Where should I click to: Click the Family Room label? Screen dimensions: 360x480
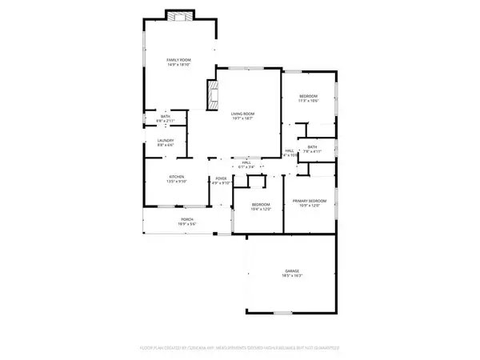178,59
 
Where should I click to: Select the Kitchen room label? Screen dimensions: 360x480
176,177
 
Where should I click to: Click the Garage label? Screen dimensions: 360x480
291,271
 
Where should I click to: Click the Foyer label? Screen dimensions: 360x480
220,177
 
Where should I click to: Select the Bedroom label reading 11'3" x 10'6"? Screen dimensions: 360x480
307,95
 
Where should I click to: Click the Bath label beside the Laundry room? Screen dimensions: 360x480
165,117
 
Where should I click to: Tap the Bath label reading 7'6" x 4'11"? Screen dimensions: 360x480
313,148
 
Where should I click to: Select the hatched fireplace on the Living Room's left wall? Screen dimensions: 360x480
212,94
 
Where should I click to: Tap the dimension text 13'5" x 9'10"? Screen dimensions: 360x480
176,182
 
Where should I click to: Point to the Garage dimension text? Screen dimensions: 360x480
291,276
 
